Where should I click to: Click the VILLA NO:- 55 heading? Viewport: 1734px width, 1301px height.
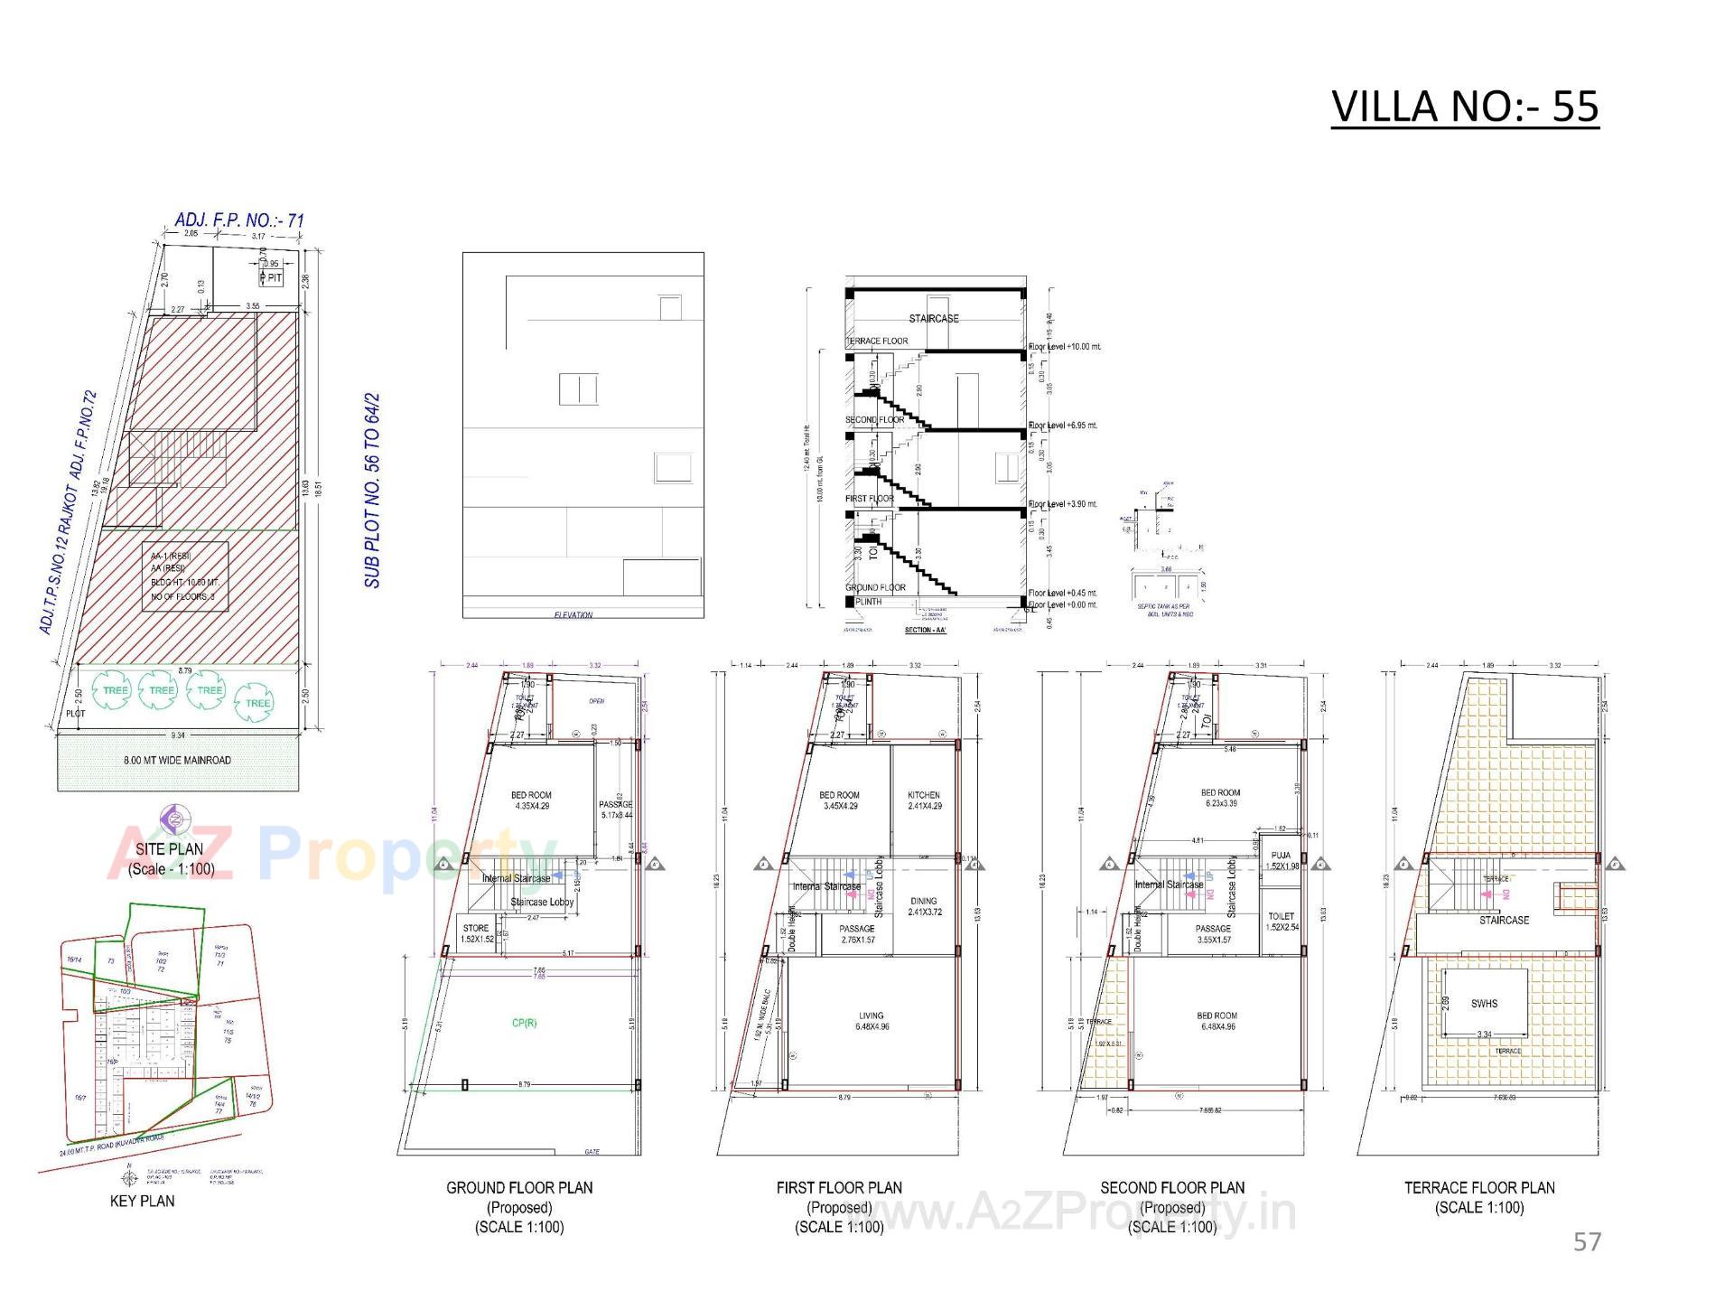[x=1464, y=107]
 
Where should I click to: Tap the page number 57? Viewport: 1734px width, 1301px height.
[x=1587, y=1241]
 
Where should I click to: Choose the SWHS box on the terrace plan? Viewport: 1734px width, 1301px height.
[x=1484, y=1003]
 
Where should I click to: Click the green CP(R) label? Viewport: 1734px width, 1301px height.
[x=524, y=1023]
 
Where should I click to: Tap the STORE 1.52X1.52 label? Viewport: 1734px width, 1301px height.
[x=476, y=933]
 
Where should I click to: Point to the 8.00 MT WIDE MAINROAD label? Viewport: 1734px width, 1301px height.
[x=177, y=760]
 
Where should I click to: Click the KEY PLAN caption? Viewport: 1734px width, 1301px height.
[x=142, y=1201]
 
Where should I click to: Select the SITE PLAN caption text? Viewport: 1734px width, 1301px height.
[x=170, y=849]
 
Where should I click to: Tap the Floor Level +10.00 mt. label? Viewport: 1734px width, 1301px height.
[x=1065, y=347]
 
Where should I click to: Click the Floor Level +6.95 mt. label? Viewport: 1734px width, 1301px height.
[x=1063, y=425]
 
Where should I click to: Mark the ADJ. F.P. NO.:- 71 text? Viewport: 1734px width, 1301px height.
[x=239, y=220]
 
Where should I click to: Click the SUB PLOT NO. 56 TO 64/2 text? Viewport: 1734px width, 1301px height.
[x=372, y=490]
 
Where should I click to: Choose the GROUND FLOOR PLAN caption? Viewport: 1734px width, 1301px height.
[x=519, y=1187]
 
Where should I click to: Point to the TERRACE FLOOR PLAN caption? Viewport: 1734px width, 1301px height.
[x=1479, y=1187]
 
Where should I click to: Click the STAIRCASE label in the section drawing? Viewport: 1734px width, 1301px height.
[x=933, y=319]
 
